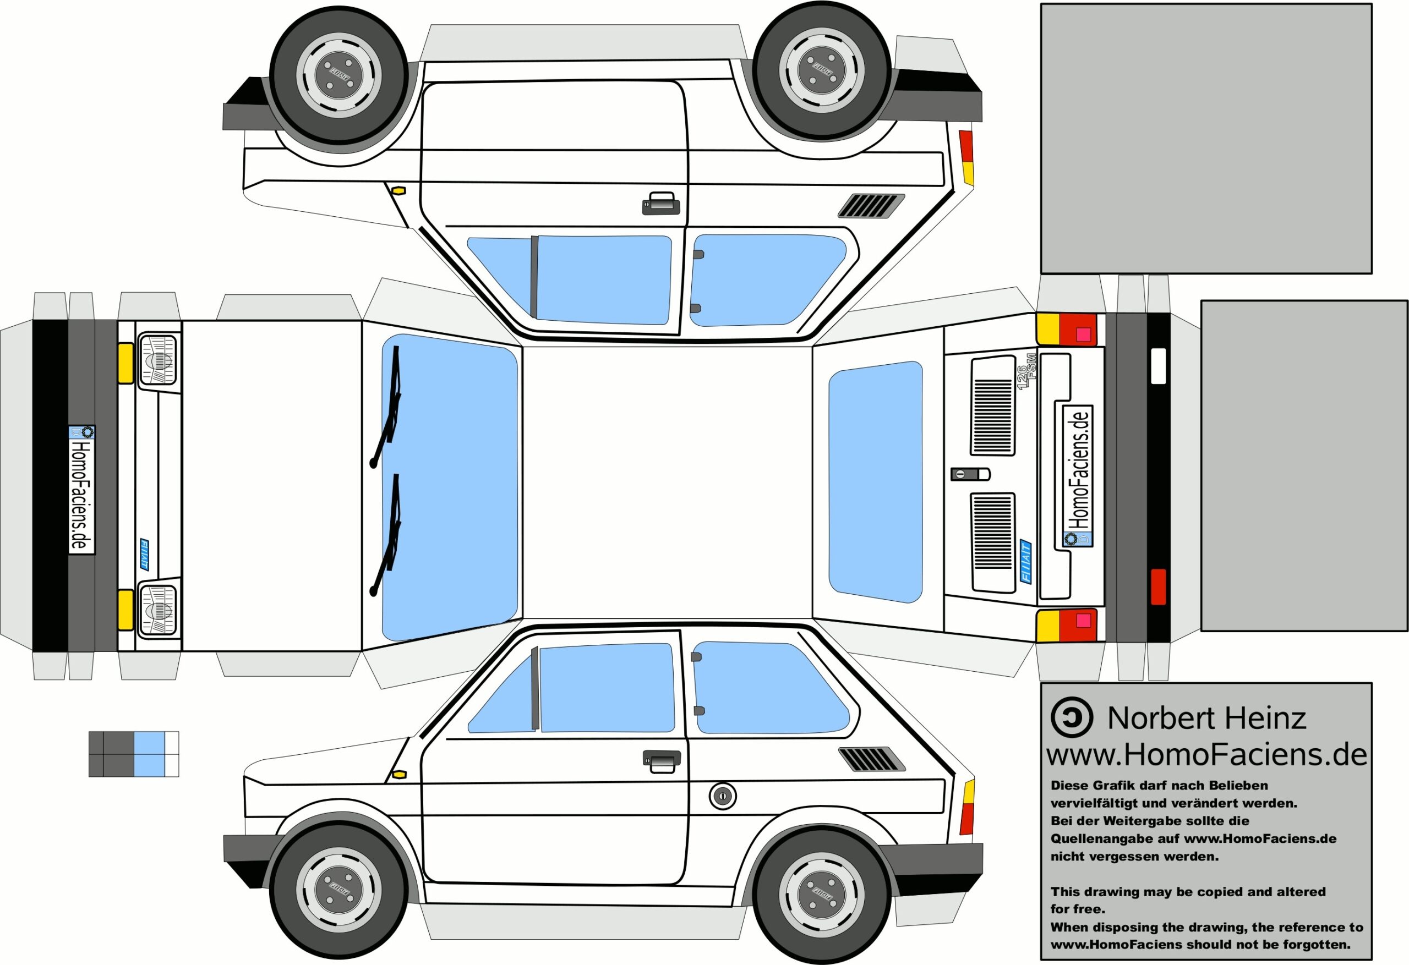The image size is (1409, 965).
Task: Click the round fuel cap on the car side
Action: click(722, 796)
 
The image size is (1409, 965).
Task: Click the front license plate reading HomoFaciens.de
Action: click(82, 489)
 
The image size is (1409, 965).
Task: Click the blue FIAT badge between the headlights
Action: click(144, 555)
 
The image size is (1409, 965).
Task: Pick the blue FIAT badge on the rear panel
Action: click(1026, 561)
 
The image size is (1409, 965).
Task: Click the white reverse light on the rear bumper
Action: click(1158, 365)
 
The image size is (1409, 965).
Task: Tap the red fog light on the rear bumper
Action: click(1158, 587)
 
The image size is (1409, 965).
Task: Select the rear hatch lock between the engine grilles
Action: click(969, 474)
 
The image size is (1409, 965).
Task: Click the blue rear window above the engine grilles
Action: click(876, 482)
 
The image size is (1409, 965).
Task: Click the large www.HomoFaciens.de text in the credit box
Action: click(1206, 755)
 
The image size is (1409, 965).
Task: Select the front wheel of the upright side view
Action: click(339, 889)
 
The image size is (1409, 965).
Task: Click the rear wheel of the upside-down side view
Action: click(822, 70)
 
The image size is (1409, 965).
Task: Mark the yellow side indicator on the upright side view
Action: click(399, 775)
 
